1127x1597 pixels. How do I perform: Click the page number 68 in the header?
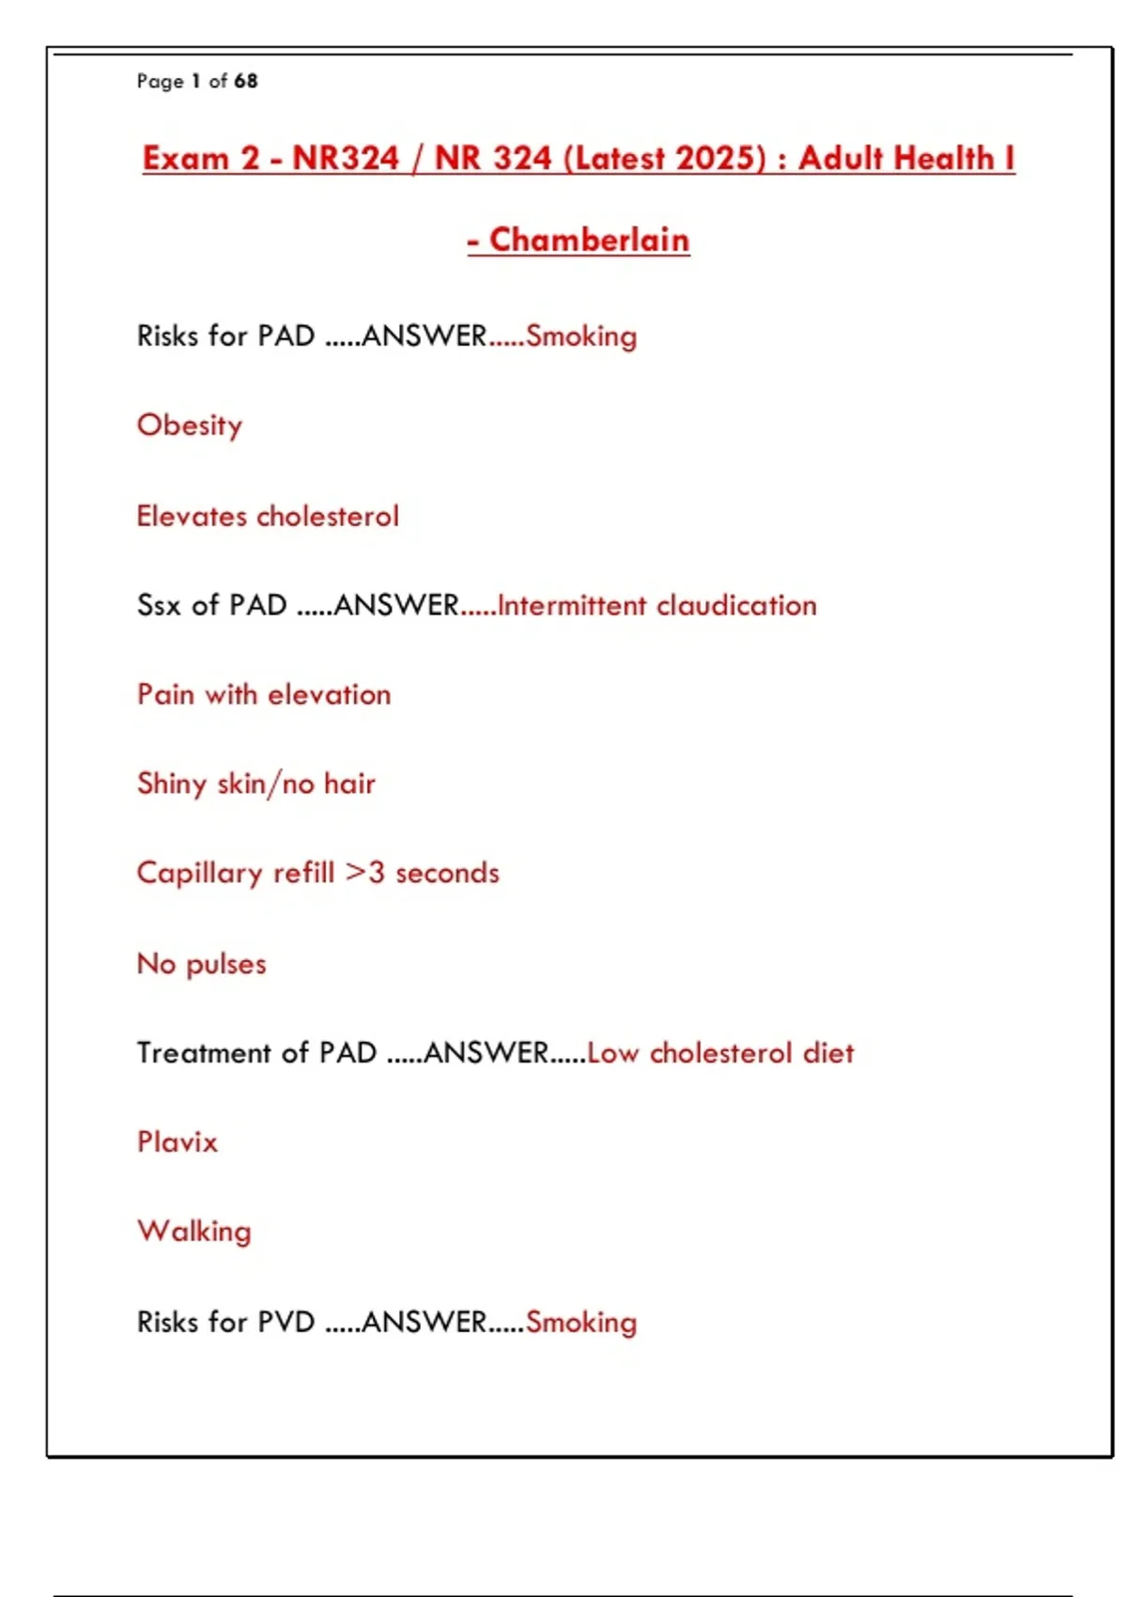[x=246, y=81]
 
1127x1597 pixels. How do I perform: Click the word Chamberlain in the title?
[x=589, y=240]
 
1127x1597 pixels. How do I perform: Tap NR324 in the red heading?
[x=346, y=158]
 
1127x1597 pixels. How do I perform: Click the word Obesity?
[x=190, y=426]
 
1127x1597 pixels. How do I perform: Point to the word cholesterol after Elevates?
[x=328, y=516]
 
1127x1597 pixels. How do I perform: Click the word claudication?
[x=736, y=605]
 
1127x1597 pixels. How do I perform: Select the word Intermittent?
[x=572, y=605]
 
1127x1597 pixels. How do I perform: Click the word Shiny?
[x=171, y=783]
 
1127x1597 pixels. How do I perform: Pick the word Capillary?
[x=199, y=874]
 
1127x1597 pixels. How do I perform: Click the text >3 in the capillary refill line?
[x=364, y=873]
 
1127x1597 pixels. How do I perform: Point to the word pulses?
[x=226, y=964]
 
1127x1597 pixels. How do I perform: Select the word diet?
[x=828, y=1052]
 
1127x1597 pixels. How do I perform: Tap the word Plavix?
[x=178, y=1142]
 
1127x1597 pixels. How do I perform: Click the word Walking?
[x=194, y=1232]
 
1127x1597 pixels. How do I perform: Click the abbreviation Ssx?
[x=159, y=605]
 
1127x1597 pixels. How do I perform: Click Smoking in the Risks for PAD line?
[x=581, y=336]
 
